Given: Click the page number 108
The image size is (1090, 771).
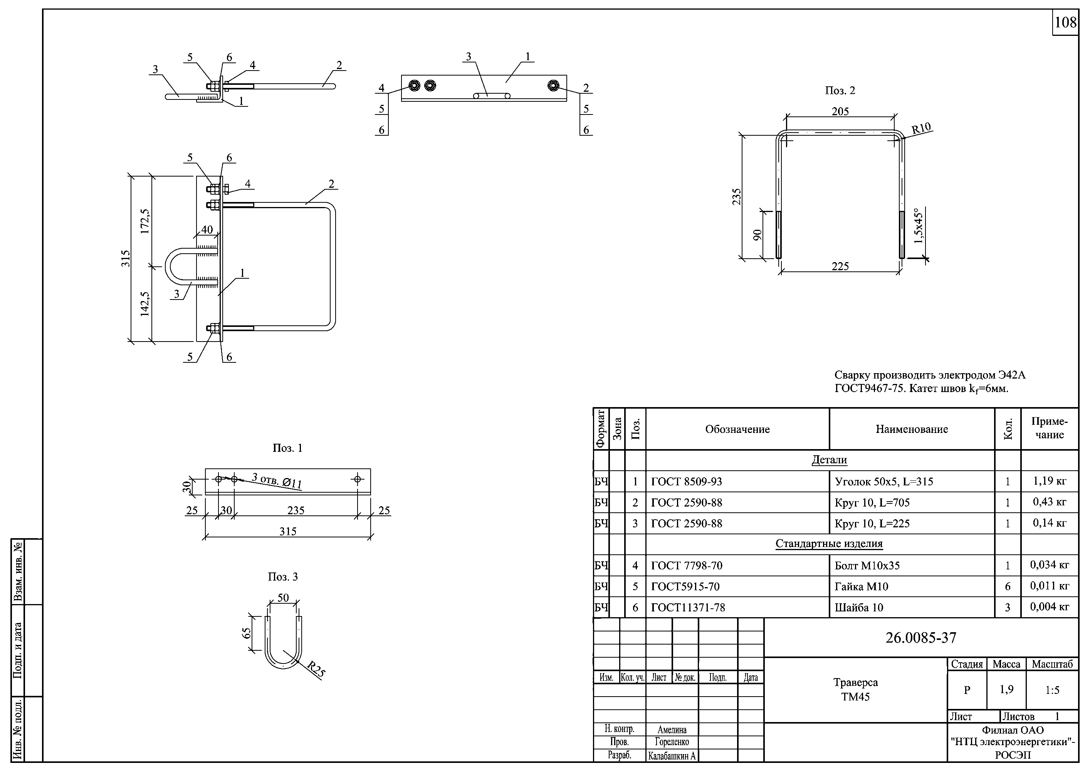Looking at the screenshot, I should (1065, 22).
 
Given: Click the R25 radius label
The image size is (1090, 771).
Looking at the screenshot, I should (316, 669).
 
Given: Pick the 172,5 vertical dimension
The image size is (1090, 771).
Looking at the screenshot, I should (145, 221).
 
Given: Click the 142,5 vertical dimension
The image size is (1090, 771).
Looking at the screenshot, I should (145, 304).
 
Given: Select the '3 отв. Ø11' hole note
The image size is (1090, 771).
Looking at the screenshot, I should (277, 480).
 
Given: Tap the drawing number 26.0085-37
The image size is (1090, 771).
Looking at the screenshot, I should (920, 638).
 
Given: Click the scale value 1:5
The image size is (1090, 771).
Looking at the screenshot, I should (1052, 690).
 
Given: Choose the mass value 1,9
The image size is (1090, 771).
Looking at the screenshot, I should (1006, 689).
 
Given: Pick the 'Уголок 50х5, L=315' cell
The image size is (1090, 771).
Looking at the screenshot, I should (883, 482).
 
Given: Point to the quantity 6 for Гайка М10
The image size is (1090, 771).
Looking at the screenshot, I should (1008, 587).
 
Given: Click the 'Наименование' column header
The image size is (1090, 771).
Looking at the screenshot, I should (912, 429).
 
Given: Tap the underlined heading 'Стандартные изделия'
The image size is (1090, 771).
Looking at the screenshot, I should (829, 544).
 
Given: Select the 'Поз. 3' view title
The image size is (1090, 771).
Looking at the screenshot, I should (282, 577).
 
